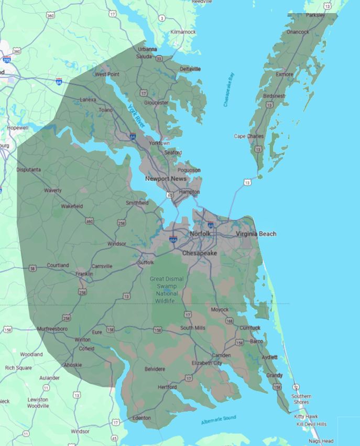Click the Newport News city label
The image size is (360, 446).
click(x=166, y=179)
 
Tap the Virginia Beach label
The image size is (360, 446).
click(x=256, y=234)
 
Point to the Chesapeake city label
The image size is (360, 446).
click(x=199, y=253)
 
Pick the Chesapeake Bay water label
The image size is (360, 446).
click(x=229, y=90)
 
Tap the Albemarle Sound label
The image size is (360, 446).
click(x=219, y=420)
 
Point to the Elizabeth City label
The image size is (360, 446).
click(x=206, y=363)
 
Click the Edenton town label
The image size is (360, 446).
click(x=141, y=418)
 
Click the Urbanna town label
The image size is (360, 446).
click(x=147, y=49)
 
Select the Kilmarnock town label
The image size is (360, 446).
click(x=183, y=32)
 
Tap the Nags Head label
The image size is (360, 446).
click(x=321, y=441)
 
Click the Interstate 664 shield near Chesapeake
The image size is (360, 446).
click(x=173, y=240)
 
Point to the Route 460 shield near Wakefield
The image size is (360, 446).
click(x=90, y=222)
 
